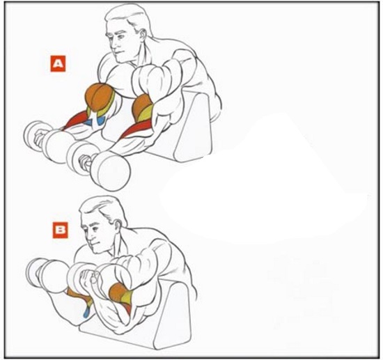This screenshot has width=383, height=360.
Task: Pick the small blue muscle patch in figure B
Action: [85, 313]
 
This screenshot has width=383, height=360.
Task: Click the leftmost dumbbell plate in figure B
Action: [34, 273]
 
